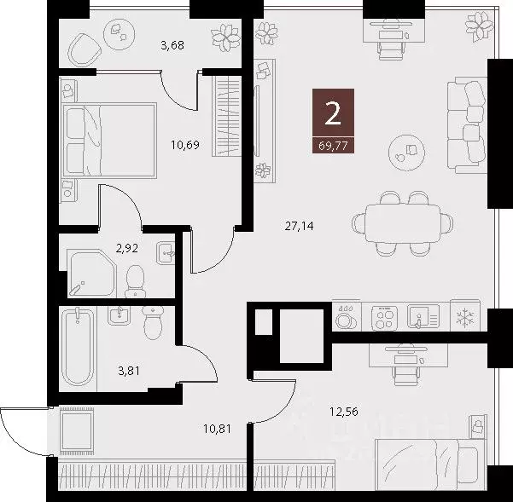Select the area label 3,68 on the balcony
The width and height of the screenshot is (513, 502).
click(x=173, y=45)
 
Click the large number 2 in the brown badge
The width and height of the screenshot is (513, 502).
click(x=330, y=113)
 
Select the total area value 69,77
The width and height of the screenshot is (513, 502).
click(x=330, y=144)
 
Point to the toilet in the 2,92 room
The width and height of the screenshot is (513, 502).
click(x=134, y=279)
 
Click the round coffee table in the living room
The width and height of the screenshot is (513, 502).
click(x=403, y=153)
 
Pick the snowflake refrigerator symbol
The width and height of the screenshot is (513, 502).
click(x=465, y=318)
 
